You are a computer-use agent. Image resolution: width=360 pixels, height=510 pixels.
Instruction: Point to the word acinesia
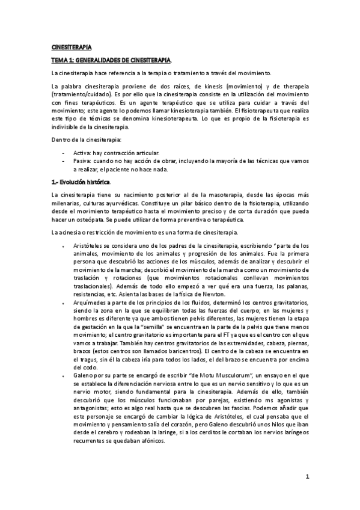(x=72, y=232)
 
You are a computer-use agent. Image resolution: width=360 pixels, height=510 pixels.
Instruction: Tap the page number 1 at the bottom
(x=307, y=478)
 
